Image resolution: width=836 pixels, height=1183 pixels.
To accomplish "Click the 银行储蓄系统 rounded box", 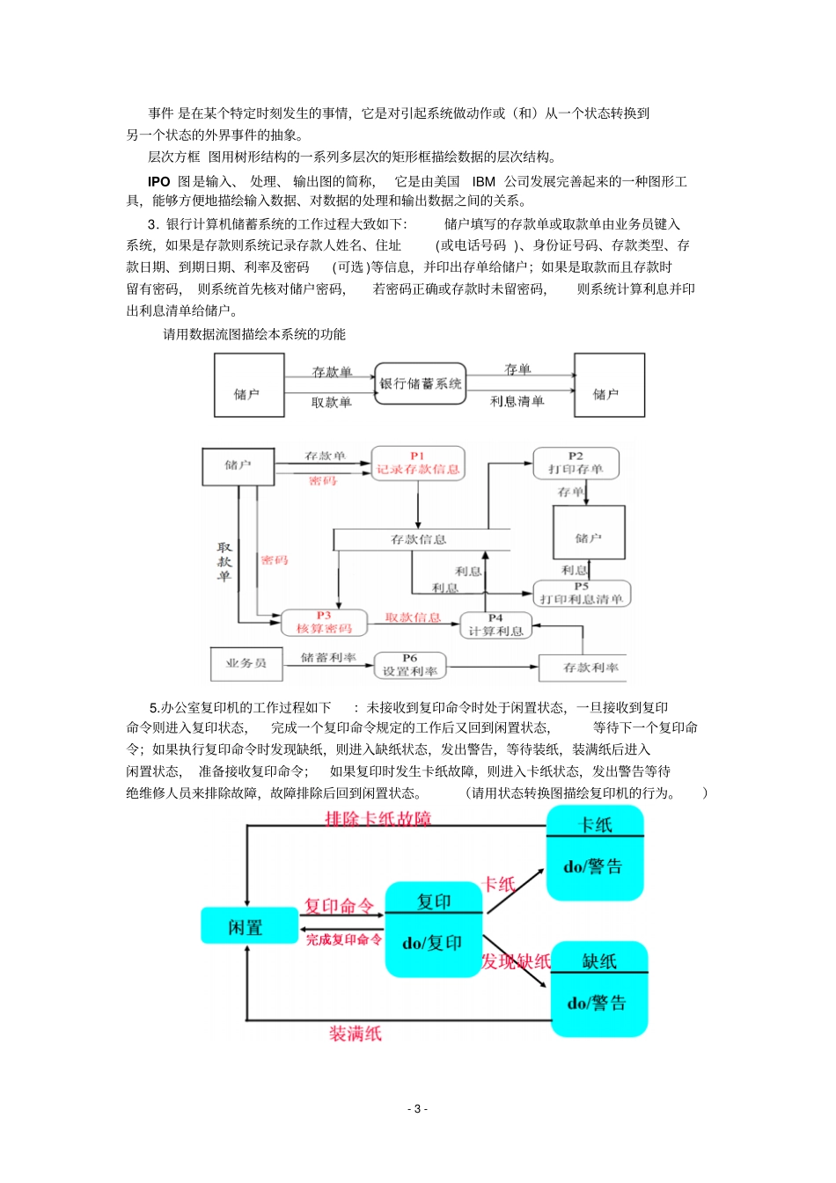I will (420, 383).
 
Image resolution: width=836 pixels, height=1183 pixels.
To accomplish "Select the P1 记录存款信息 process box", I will (417, 464).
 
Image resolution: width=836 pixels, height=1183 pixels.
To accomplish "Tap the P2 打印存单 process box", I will (576, 464).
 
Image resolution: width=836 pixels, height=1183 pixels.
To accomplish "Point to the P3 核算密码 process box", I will (324, 623).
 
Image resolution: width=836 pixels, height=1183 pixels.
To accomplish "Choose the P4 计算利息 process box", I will (495, 625).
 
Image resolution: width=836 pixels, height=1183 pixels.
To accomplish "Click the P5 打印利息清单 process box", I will (582, 594).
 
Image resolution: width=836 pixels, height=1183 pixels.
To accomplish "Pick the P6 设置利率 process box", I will (410, 665).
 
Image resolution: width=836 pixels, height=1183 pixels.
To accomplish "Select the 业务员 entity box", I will (246, 663).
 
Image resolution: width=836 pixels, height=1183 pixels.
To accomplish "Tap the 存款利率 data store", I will (590, 668).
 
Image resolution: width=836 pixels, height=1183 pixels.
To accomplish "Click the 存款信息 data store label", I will (419, 539).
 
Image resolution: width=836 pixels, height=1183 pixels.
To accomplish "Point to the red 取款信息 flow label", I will (413, 617).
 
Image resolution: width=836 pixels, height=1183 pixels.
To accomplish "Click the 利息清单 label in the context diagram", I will (517, 401).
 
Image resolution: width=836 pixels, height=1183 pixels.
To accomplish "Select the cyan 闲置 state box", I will (246, 926).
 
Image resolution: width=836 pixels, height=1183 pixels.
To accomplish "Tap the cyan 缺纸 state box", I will (599, 989).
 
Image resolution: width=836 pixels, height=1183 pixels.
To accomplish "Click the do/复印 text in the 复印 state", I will (432, 943).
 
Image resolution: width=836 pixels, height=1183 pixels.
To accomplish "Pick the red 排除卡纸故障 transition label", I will (378, 819).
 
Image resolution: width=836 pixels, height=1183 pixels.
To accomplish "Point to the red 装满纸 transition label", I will (356, 1033).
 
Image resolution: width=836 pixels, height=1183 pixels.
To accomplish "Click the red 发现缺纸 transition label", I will (516, 961).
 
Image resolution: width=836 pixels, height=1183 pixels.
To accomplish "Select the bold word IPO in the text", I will (158, 181).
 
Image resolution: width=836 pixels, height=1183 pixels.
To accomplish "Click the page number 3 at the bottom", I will (417, 1108).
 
